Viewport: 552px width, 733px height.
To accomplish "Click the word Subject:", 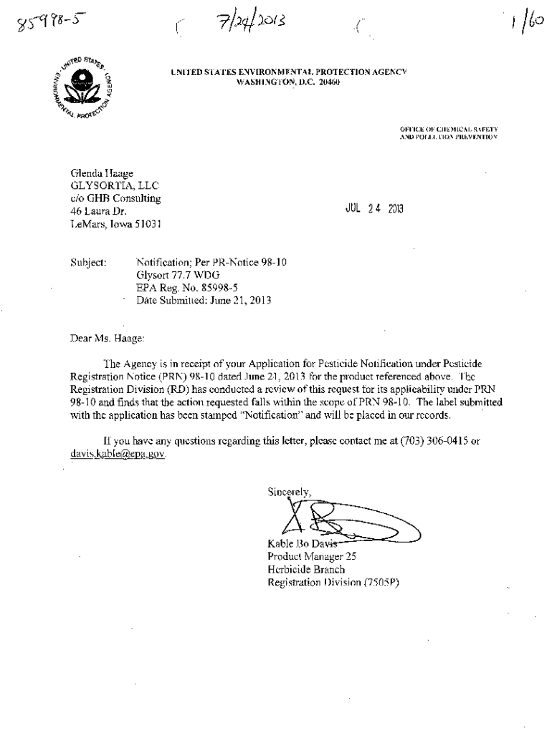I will (88, 263).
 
